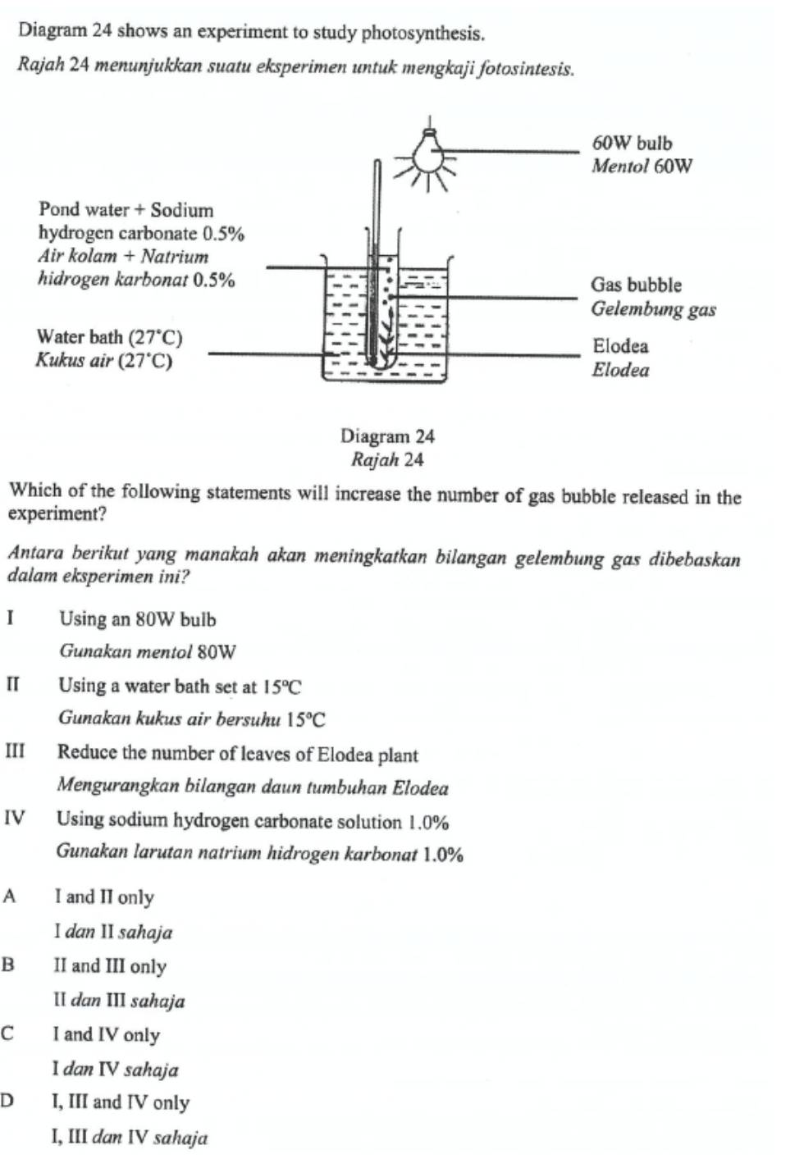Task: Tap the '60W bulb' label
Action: (632, 144)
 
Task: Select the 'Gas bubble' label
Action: (637, 285)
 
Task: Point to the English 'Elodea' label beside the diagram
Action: (620, 346)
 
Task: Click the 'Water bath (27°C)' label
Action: (110, 337)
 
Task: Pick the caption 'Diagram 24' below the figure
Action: (387, 436)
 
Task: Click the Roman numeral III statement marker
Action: (16, 752)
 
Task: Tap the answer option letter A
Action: (10, 896)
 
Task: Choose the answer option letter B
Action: (9, 965)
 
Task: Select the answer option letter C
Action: (9, 1033)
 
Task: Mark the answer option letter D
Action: (9, 1101)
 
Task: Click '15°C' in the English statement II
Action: (282, 687)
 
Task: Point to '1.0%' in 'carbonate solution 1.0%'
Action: (428, 822)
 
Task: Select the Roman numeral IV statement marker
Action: (15, 819)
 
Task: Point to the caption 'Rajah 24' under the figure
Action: (387, 460)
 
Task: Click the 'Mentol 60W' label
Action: (642, 167)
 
